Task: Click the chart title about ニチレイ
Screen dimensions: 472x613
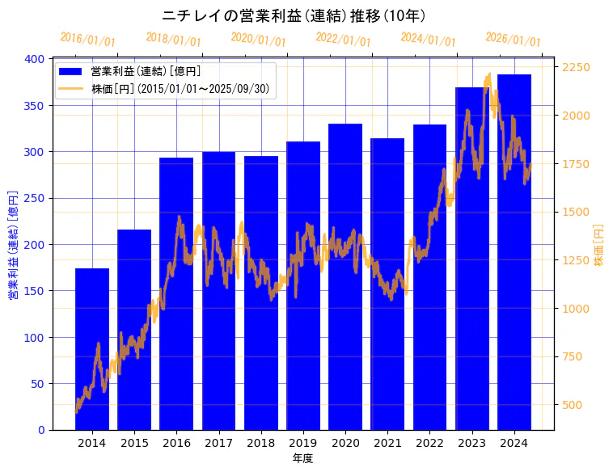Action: [294, 15]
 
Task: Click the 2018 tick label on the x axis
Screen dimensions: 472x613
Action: [260, 443]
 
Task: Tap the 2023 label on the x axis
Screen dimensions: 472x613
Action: [472, 443]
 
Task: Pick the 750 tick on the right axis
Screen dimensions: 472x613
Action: [573, 356]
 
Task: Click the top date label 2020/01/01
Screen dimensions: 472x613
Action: [258, 39]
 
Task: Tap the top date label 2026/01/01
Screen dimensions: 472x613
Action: [513, 39]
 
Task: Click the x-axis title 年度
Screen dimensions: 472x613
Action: [302, 458]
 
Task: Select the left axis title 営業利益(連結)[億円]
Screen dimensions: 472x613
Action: [13, 245]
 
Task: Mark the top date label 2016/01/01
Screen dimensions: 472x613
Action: [87, 39]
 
